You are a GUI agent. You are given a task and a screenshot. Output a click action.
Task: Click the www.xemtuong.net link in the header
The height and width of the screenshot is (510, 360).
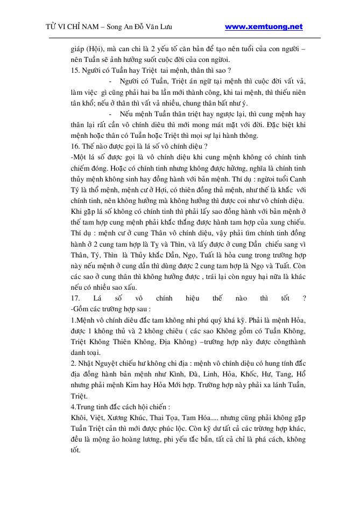tap(263, 26)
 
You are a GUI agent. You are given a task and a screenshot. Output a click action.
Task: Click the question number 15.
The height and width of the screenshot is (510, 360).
tap(75, 71)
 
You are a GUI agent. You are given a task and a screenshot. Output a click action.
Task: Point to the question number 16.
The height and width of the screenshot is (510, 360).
tap(75, 146)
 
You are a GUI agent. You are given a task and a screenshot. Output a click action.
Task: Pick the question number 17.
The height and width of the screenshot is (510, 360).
tap(75, 298)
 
